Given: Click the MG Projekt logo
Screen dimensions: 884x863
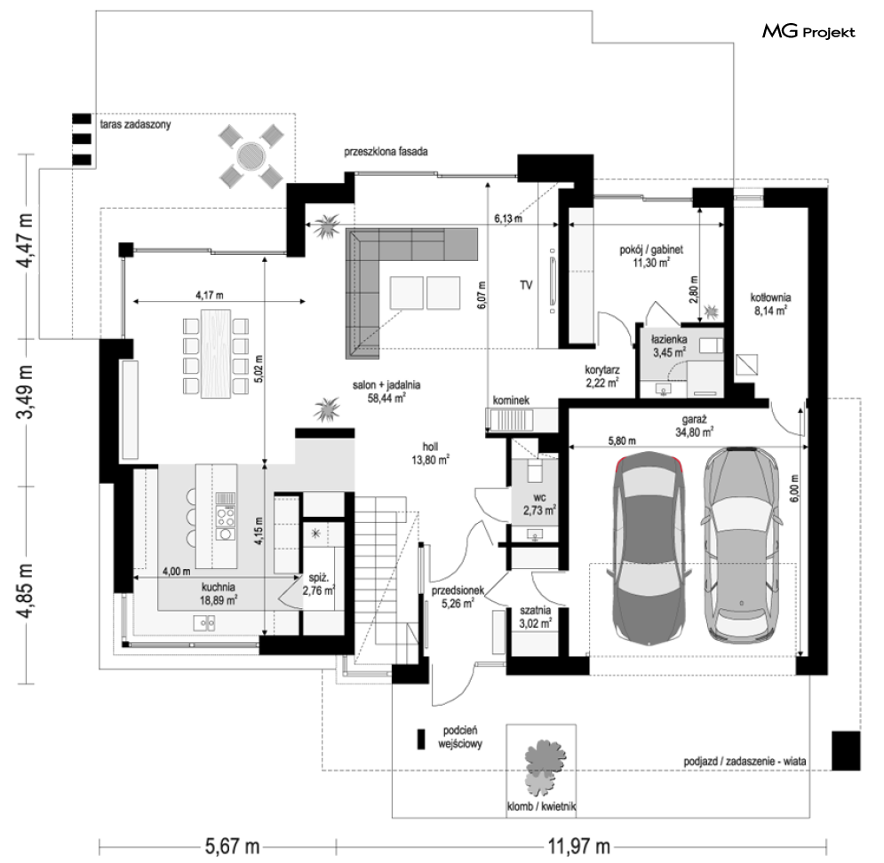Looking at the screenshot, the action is coord(808,32).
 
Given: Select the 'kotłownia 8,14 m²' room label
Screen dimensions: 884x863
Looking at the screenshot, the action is coord(770,303).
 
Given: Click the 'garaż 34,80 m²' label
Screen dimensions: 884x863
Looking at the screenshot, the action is coord(694,426).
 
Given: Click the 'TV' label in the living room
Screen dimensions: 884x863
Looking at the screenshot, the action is coord(526,286).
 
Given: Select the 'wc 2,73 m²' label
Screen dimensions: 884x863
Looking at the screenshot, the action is coord(539,504).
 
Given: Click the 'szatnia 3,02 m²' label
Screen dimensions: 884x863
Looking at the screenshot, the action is coord(535,617).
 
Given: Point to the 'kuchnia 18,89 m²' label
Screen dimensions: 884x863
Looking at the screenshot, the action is coord(219,593).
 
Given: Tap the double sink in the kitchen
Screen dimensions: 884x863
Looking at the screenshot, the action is coord(204,622).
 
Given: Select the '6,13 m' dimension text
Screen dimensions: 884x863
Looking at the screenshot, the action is coord(508,218).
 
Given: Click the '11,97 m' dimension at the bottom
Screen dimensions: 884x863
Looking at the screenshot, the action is coord(579,845).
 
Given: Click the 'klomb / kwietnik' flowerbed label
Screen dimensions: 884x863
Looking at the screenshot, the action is coord(541,806).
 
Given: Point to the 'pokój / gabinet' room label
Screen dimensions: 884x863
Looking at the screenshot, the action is coord(651,249).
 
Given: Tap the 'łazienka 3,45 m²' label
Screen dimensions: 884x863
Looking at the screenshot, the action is coord(669,346).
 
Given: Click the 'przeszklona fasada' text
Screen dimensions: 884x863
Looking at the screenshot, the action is coord(386,152).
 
